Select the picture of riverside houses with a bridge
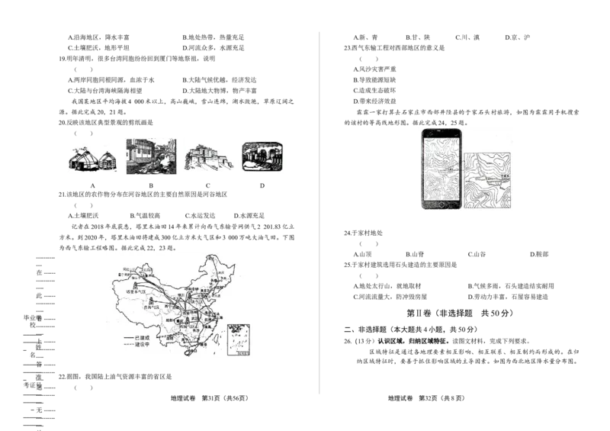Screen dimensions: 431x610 pyautogui.click(x=149, y=156)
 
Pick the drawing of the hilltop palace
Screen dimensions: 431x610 pyautogui.click(x=209, y=158)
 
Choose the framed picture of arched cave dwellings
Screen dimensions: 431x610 pyautogui.click(x=263, y=156)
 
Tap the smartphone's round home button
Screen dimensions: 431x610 pyautogui.click(x=440, y=207)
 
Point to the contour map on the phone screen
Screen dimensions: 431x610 pyautogui.click(x=440, y=167)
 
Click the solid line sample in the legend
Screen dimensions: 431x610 pyautogui.click(x=127, y=336)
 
